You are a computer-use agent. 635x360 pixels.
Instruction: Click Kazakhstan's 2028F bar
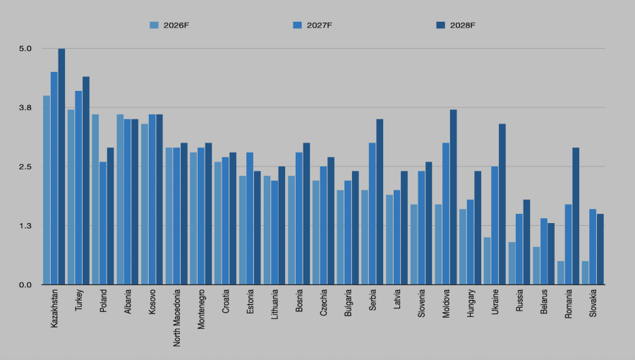coord(61,167)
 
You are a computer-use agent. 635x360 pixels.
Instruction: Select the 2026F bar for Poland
coord(95,199)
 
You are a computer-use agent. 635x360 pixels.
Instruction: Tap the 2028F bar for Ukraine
coord(502,204)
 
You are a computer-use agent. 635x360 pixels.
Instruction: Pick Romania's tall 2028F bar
coord(576,216)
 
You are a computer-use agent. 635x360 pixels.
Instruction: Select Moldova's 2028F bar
coord(453,197)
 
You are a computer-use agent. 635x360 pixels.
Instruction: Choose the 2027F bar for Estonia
coord(250,218)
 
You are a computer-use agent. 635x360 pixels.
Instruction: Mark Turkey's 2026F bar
coord(71,197)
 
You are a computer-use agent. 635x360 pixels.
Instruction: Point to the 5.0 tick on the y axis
coord(25,49)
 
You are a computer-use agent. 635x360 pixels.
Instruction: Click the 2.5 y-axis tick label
coord(25,167)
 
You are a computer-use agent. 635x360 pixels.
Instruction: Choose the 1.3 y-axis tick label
coord(25,226)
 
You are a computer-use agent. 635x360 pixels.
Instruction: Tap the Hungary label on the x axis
coord(471,304)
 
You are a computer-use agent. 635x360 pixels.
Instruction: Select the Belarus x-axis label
coord(544,303)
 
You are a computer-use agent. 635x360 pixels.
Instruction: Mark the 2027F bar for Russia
coord(519,249)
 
